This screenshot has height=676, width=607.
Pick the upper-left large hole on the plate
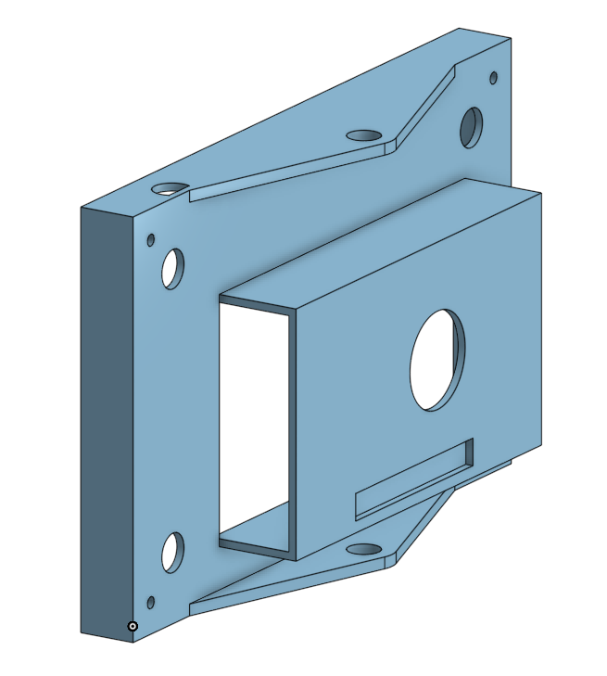(x=172, y=268)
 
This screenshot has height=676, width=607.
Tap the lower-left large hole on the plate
(x=172, y=552)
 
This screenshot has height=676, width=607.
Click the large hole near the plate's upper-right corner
(x=471, y=127)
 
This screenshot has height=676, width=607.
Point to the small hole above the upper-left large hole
(x=151, y=240)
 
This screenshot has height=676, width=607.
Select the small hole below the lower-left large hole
(x=151, y=603)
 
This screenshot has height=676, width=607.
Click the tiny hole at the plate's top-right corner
(x=493, y=78)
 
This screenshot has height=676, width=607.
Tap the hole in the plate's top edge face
(x=170, y=188)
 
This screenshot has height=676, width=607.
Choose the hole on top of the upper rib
(x=366, y=135)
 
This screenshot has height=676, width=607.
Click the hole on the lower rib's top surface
(x=367, y=548)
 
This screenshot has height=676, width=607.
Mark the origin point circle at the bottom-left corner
(x=133, y=627)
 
